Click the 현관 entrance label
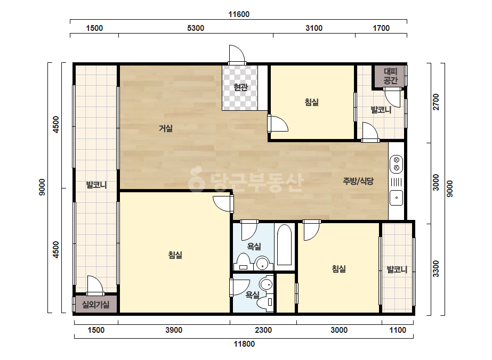point(240,87)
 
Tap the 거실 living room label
point(166,128)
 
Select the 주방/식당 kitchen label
point(358,181)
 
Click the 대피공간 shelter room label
point(391,76)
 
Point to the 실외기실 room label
point(96,304)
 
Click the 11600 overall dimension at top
point(239,14)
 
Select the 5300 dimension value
point(196,28)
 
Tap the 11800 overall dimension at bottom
point(244,344)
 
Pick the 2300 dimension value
point(263,330)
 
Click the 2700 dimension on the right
point(436,102)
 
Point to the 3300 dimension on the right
point(436,269)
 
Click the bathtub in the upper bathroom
point(285,244)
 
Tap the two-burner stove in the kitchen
point(396,163)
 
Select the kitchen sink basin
point(396,198)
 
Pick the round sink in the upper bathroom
point(262,263)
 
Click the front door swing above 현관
point(237,54)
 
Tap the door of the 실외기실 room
point(95,285)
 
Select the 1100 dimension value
point(398,330)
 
